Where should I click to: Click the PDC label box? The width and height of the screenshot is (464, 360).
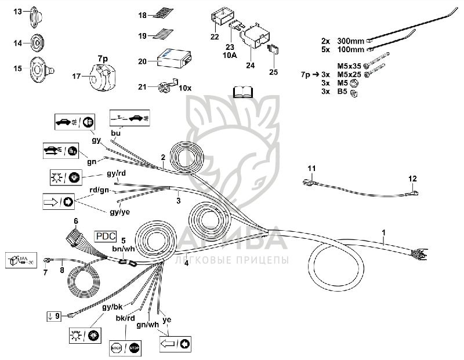(x=106, y=236)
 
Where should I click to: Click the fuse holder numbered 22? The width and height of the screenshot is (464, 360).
(x=222, y=20)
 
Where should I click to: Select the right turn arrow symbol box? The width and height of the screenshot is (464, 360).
(x=58, y=201)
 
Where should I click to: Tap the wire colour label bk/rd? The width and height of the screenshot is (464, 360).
(x=125, y=318)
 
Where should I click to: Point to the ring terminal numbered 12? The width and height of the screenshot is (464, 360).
(x=414, y=191)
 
